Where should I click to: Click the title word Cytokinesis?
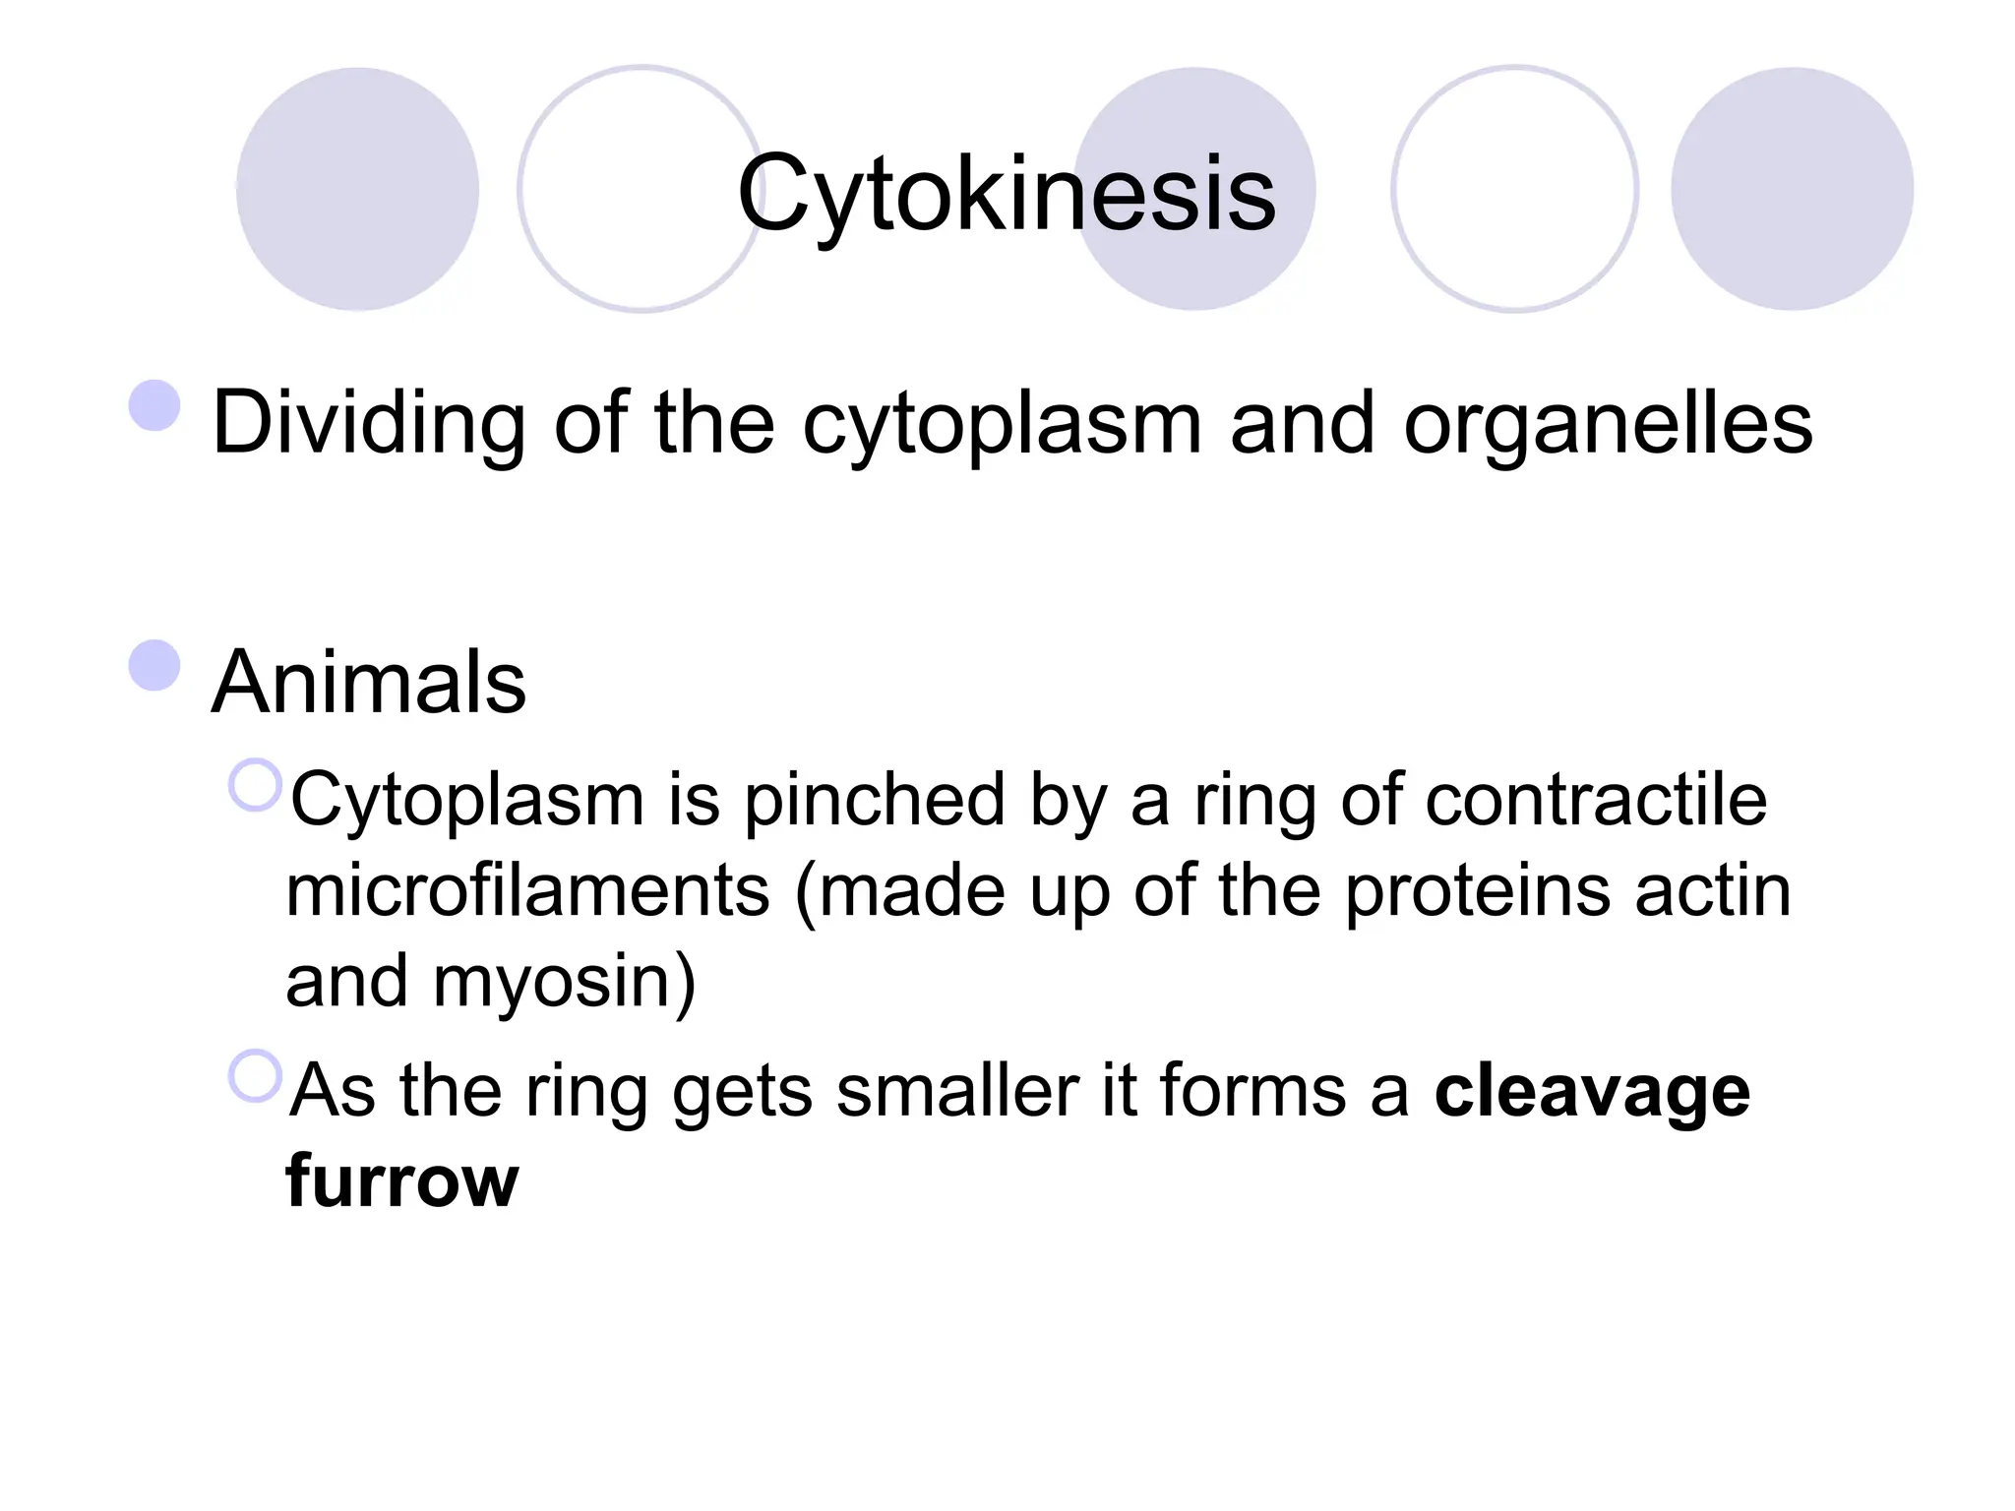pyautogui.click(x=1006, y=194)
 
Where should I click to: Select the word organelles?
pyautogui.click(x=1608, y=425)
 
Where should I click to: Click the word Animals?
pyautogui.click(x=369, y=682)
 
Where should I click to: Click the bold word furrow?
pyautogui.click(x=401, y=1180)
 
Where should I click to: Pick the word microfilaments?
pyautogui.click(x=527, y=891)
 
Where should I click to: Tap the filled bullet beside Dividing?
pyautogui.click(x=154, y=405)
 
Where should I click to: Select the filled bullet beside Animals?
pyautogui.click(x=154, y=665)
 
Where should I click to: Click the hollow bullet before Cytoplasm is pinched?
pyautogui.click(x=255, y=785)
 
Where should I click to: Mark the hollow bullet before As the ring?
pyautogui.click(x=255, y=1075)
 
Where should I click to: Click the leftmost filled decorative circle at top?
pyautogui.click(x=357, y=189)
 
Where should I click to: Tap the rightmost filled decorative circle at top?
pyautogui.click(x=1792, y=189)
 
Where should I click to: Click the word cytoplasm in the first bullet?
pyautogui.click(x=1002, y=425)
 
